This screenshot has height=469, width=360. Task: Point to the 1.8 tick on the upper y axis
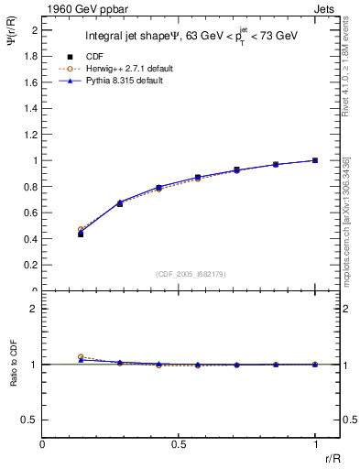(x=32, y=55)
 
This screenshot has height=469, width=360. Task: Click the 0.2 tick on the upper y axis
(x=32, y=265)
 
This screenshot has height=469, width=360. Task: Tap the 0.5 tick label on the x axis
(x=179, y=444)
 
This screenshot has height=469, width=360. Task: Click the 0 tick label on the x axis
(x=43, y=444)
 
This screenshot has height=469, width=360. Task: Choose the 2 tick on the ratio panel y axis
(x=35, y=309)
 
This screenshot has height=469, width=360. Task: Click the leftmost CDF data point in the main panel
(x=81, y=234)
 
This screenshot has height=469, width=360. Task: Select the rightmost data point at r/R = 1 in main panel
(x=315, y=160)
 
